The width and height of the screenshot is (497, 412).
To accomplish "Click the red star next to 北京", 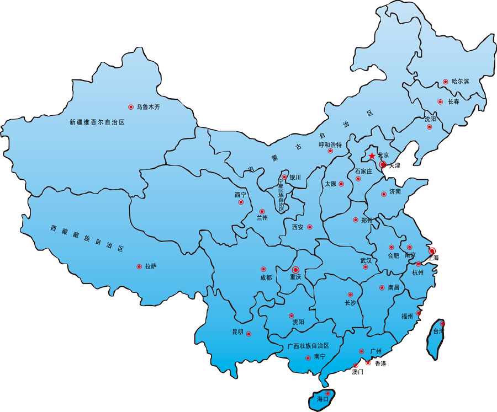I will [372, 157].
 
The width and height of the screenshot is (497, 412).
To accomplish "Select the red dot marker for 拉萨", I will [139, 266].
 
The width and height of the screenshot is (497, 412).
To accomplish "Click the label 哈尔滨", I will [460, 82].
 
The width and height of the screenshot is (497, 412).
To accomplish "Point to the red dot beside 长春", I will [440, 101].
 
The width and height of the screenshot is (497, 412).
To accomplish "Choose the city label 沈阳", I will [430, 119].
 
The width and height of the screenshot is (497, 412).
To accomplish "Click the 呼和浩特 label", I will [330, 145].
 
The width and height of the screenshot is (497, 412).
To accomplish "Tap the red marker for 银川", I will [284, 178].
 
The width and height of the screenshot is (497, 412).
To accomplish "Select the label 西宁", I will [240, 195].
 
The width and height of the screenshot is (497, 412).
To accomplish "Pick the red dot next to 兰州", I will [262, 211].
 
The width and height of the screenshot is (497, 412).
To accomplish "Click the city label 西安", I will [298, 227].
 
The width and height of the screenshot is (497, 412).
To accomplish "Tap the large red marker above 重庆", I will [295, 269].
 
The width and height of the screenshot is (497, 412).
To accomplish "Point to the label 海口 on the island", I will [322, 399].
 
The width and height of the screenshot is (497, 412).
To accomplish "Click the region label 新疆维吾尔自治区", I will [97, 122].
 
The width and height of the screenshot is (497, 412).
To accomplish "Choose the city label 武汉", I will [366, 260].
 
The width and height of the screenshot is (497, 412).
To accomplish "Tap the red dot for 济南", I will [383, 194].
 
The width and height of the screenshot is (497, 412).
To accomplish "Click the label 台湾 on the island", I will [438, 331].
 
